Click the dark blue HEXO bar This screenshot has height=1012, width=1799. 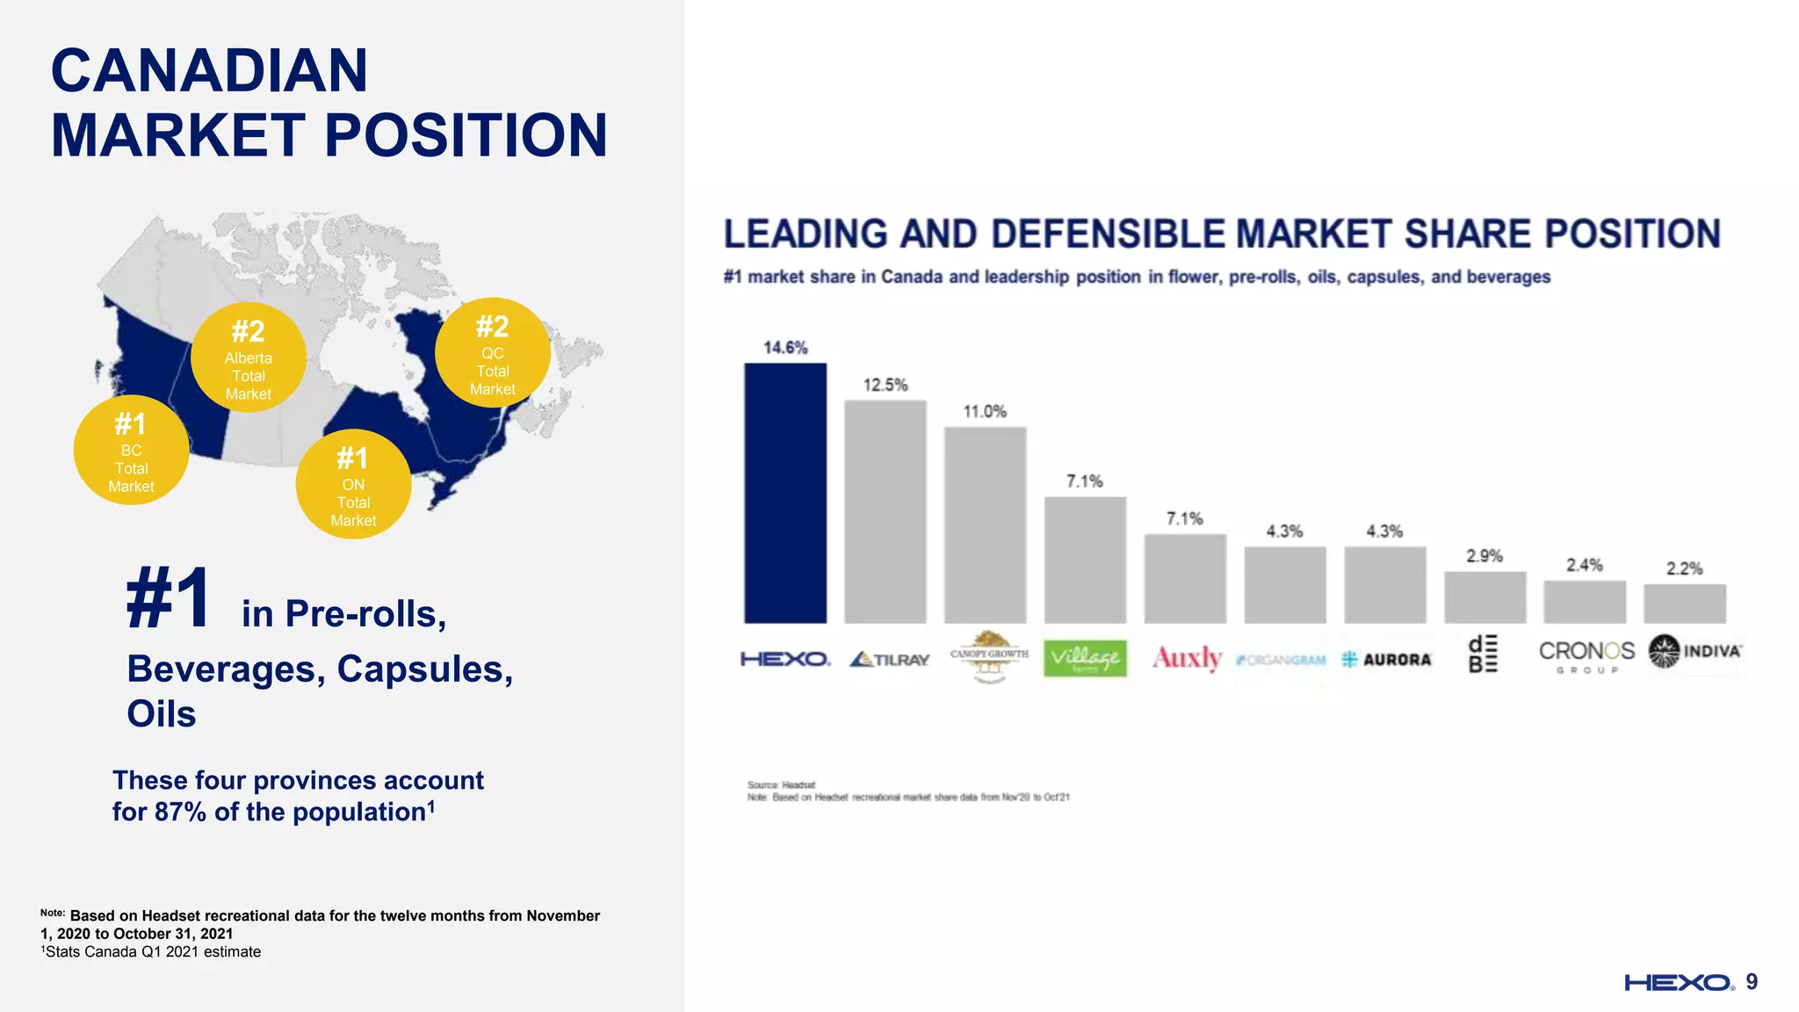coord(784,493)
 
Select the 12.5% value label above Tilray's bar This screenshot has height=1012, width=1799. coord(885,385)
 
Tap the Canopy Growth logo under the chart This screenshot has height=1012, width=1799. coord(989,656)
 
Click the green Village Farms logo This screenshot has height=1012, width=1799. coord(1085,658)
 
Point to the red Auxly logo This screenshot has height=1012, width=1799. coord(1187,658)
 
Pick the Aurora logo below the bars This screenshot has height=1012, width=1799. coord(1386,660)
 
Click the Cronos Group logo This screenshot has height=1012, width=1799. coord(1586,656)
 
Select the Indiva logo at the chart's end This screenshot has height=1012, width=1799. coord(1694,652)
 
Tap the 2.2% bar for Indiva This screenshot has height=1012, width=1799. coord(1684,604)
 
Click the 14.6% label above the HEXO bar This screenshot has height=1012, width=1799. coord(784,348)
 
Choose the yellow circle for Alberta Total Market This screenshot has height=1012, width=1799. coord(249,358)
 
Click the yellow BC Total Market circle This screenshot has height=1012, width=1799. coord(131,451)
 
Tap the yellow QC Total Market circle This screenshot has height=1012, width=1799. coord(492,353)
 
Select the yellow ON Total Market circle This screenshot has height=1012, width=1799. coord(353,484)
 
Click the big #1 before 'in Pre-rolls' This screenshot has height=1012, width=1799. coord(168,598)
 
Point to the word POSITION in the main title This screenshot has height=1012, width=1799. coord(466,136)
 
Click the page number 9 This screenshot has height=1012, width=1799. coord(1752,981)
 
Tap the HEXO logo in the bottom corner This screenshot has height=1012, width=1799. coord(1678,982)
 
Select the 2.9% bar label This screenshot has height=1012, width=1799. coord(1484,556)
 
